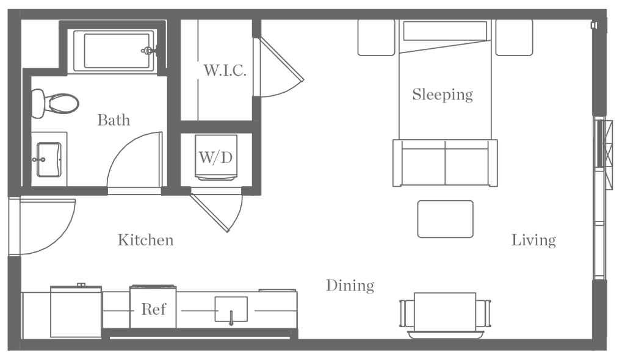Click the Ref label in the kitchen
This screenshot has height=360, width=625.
[x=153, y=309]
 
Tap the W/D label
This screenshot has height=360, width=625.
[x=216, y=159]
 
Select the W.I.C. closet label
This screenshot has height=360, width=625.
[x=224, y=71]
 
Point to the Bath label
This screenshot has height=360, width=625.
[x=114, y=120]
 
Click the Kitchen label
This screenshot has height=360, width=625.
[x=145, y=240]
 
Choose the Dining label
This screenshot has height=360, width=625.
[x=349, y=286]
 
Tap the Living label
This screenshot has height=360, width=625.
[x=533, y=240]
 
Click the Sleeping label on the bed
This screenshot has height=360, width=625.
[x=443, y=95]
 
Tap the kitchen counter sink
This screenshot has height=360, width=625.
[x=231, y=309]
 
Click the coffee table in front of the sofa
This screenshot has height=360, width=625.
[x=446, y=218]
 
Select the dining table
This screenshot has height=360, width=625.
[x=444, y=312]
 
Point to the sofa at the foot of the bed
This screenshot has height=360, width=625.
[x=445, y=162]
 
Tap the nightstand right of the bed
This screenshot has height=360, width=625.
[x=514, y=37]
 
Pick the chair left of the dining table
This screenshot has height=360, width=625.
[x=402, y=314]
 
